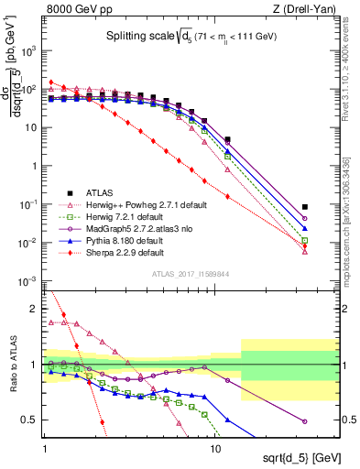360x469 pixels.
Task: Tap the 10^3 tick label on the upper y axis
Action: point(29,51)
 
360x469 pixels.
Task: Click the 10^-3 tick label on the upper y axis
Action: point(29,280)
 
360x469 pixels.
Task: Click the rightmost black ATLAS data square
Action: point(304,207)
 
